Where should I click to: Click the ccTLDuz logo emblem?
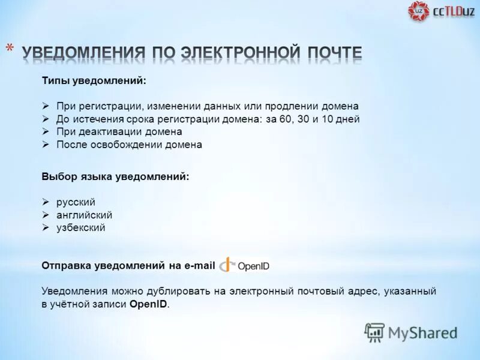(419, 11)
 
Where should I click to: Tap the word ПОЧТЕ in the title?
(332, 53)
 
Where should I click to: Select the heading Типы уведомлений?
(94, 80)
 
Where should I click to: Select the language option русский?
(76, 202)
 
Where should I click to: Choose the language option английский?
(84, 215)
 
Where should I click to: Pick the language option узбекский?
(81, 228)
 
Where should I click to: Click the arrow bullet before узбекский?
(46, 228)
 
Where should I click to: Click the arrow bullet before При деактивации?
(46, 131)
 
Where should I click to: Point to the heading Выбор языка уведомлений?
(115, 177)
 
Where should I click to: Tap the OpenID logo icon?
(227, 265)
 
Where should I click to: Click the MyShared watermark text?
(422, 332)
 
